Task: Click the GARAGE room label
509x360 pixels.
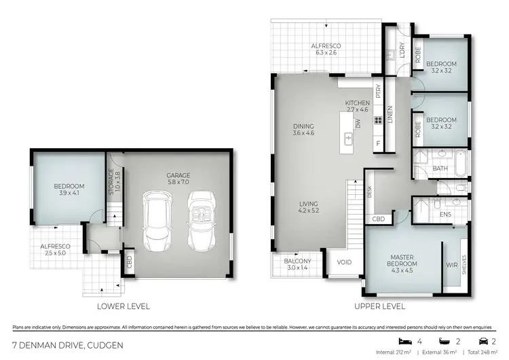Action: [178, 179]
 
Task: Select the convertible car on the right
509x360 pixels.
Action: [202, 219]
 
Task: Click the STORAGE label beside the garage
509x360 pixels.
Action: [113, 182]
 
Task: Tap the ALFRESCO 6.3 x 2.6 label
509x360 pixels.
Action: [326, 50]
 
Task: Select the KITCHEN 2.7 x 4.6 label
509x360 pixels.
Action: [357, 106]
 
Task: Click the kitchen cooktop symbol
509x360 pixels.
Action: [378, 122]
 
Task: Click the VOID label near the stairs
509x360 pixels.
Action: [344, 262]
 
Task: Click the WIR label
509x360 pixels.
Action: [451, 265]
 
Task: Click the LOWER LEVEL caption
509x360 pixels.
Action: [123, 306]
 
